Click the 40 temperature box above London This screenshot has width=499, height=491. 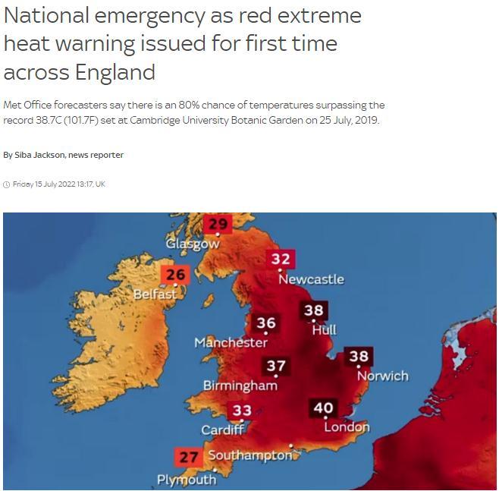click(323, 408)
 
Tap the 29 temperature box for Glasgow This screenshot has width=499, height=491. click(218, 224)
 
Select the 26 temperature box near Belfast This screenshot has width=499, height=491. click(176, 275)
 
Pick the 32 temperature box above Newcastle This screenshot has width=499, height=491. click(281, 259)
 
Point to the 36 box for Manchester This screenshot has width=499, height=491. click(265, 323)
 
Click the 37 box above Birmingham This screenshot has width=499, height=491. click(276, 367)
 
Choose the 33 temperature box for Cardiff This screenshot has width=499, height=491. click(242, 411)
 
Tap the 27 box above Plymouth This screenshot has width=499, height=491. click(189, 457)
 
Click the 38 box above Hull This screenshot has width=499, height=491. click(313, 310)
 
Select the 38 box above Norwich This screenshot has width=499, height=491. click(358, 356)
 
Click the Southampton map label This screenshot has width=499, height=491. click(249, 455)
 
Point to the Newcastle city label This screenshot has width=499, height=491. click(311, 279)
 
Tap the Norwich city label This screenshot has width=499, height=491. click(383, 376)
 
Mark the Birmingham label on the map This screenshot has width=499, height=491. click(240, 386)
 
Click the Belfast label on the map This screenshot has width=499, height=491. click(155, 294)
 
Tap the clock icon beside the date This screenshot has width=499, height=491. click(7, 184)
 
